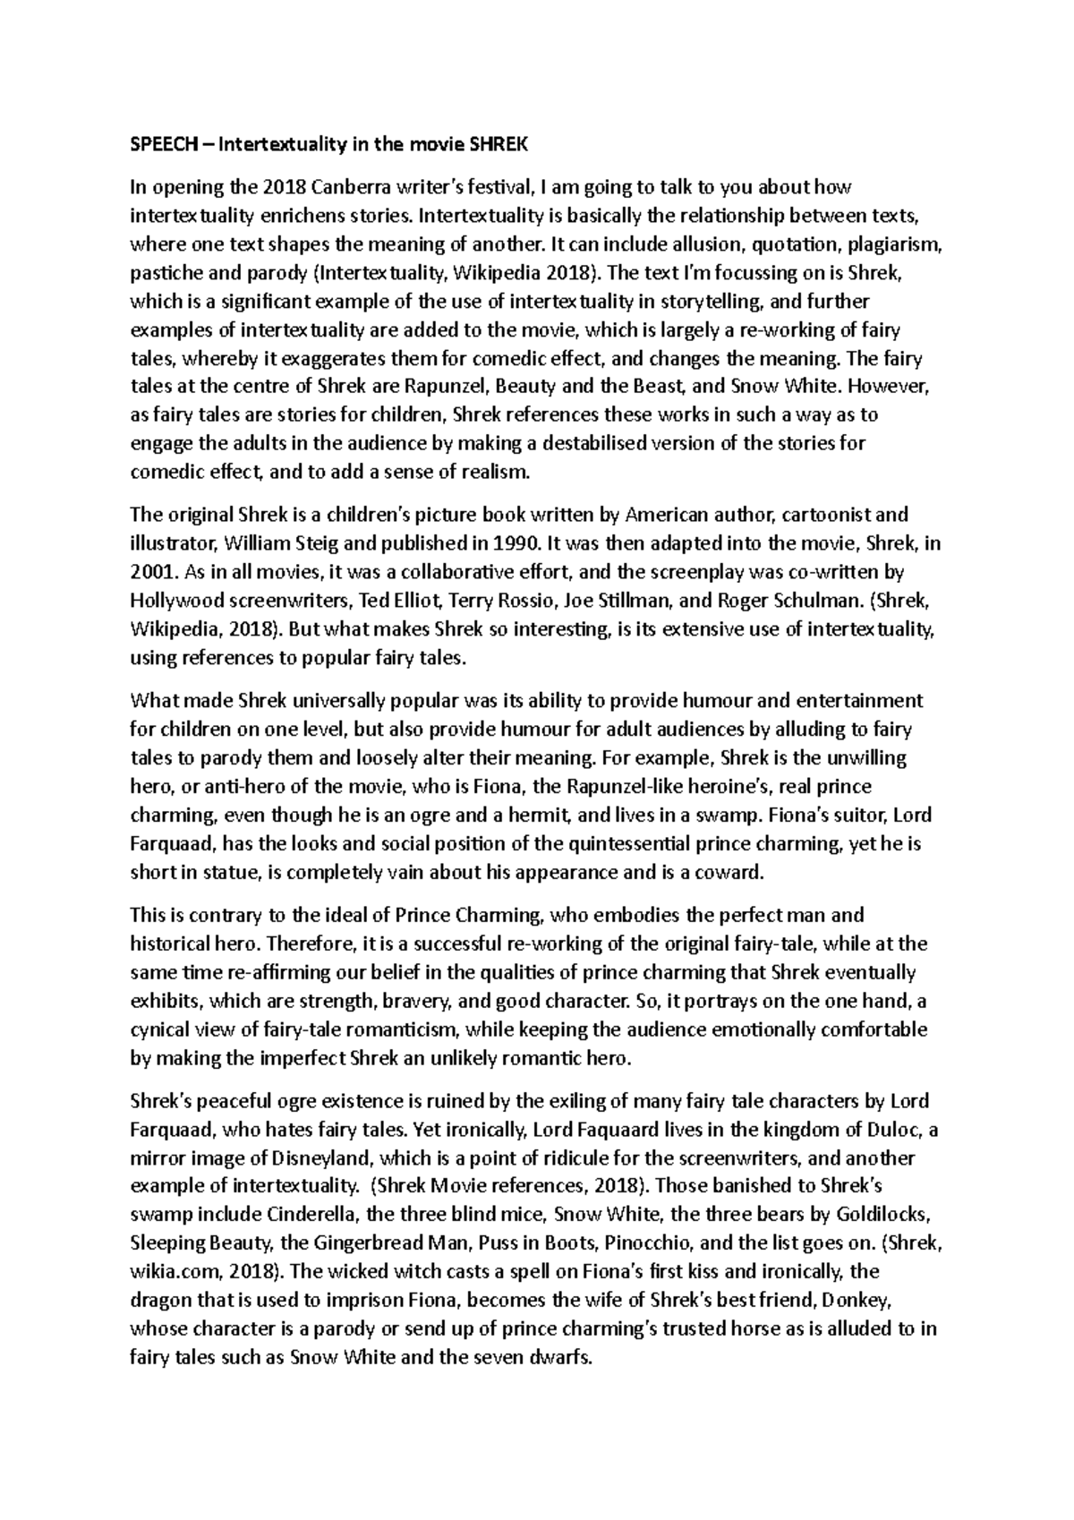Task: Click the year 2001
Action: (150, 571)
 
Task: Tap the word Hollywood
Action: (173, 600)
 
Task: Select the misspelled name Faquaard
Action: (643, 1129)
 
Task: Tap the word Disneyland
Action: (314, 1157)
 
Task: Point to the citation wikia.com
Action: (176, 1272)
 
